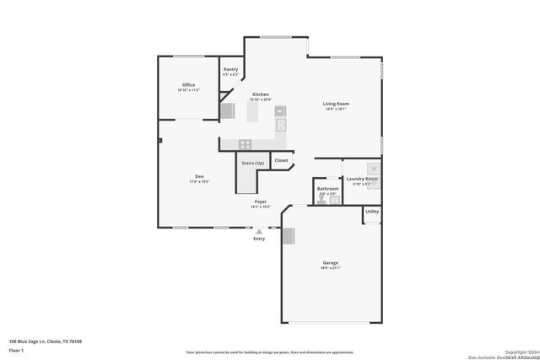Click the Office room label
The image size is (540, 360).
click(x=189, y=84)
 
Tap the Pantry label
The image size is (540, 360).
click(x=230, y=69)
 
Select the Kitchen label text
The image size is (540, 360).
click(x=261, y=94)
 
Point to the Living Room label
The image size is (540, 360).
click(x=336, y=104)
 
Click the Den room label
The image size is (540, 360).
click(x=199, y=176)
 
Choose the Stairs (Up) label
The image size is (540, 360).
click(x=253, y=163)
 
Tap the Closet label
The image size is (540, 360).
click(x=281, y=160)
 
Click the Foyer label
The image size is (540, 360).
click(x=262, y=201)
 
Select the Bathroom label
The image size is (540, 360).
click(x=327, y=189)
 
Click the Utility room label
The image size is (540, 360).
click(x=372, y=211)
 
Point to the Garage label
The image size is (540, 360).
click(x=330, y=262)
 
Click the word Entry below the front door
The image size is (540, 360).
click(x=259, y=239)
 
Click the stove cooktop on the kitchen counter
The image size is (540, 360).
click(x=246, y=143)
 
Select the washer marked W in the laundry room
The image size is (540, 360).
click(x=373, y=168)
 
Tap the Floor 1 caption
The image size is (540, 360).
click(x=17, y=349)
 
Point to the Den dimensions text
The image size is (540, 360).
click(x=199, y=181)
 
